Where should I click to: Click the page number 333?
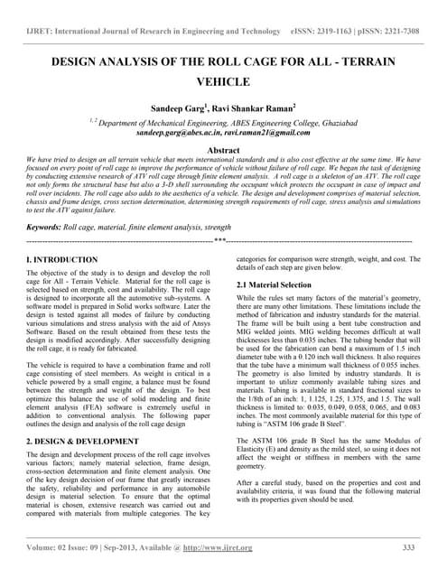(x=407, y=547)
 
